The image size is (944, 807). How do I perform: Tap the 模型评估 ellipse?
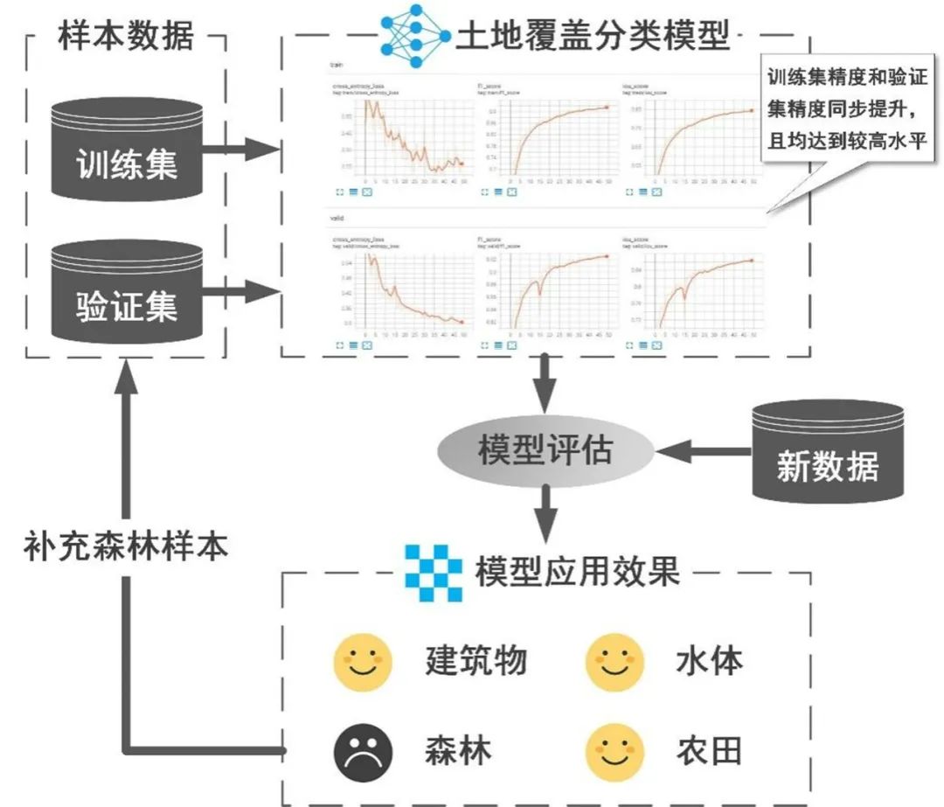coord(545,452)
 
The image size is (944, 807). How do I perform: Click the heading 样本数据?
coord(126,36)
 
